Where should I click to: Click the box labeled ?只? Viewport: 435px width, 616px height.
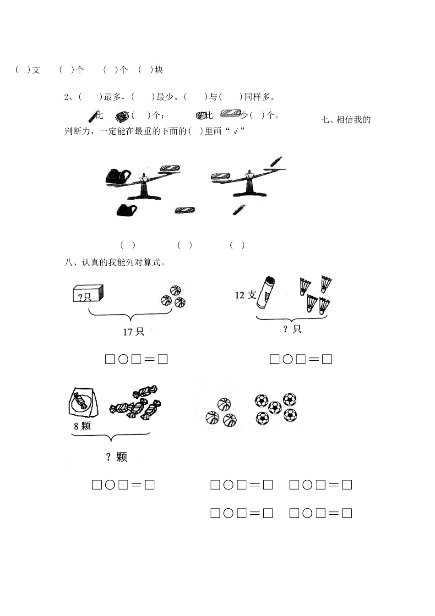tap(88, 294)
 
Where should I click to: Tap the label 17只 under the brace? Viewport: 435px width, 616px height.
tap(133, 331)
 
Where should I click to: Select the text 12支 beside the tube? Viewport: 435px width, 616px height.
tap(245, 295)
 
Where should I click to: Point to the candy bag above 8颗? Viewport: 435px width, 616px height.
tap(84, 402)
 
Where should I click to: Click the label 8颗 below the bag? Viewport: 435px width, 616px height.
tap(82, 426)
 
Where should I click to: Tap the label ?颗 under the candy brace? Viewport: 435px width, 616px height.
tap(116, 457)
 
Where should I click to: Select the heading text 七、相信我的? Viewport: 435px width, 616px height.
tap(346, 120)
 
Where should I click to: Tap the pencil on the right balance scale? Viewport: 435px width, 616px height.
tap(276, 163)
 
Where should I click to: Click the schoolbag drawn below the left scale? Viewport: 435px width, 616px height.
tap(125, 210)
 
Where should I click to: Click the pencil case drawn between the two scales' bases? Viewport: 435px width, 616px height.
tap(185, 210)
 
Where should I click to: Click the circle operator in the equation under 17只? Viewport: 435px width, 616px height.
tap(123, 359)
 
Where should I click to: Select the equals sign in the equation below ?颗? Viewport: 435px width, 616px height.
tap(136, 485)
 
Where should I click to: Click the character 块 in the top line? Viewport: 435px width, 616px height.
tap(159, 70)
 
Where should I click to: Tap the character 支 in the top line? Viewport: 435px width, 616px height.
tap(36, 70)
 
